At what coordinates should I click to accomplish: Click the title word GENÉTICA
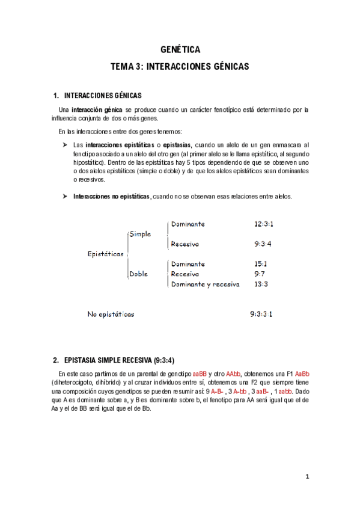(x=180, y=50)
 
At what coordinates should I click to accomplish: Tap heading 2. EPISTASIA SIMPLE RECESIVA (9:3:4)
(x=114, y=361)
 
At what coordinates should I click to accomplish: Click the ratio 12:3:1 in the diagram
(x=264, y=224)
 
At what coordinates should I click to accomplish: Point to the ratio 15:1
(x=260, y=264)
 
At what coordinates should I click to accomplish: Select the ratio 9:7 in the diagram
(x=260, y=274)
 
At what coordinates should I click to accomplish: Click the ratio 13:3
(x=261, y=284)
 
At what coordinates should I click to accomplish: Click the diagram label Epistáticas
(x=106, y=254)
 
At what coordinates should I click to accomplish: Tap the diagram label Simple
(x=140, y=234)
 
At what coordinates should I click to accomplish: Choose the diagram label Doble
(x=139, y=274)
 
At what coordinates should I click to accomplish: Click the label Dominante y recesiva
(x=205, y=284)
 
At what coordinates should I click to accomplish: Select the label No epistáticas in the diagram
(x=111, y=314)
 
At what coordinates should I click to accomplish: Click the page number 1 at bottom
(x=307, y=477)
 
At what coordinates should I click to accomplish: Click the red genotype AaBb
(x=301, y=373)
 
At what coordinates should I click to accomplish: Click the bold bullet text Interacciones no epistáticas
(x=111, y=197)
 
